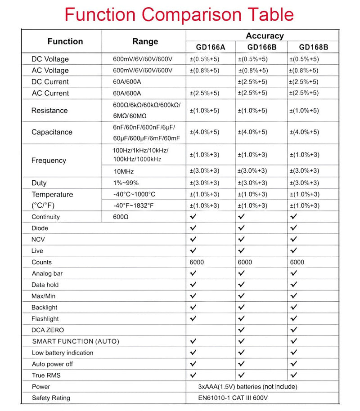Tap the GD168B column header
[x=313, y=47]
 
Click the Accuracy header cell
[x=265, y=36]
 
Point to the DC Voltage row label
[x=50, y=59]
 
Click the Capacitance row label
[x=52, y=132]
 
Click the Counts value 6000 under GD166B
[x=245, y=262]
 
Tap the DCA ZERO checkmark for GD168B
[x=294, y=330]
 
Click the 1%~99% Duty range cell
[x=126, y=183]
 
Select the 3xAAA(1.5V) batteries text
[x=247, y=387]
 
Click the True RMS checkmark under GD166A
[x=193, y=375]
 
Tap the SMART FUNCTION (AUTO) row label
[x=76, y=341]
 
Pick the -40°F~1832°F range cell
[x=134, y=205]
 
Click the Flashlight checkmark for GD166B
[x=241, y=318]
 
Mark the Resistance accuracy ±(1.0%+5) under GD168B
[x=305, y=111]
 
